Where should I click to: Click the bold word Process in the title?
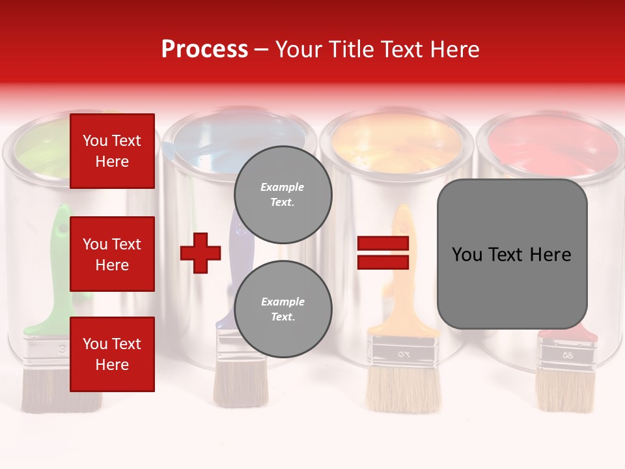(x=204, y=50)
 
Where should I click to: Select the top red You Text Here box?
(x=112, y=151)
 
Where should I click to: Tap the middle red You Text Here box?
(x=112, y=254)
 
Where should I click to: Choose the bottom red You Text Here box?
(x=112, y=354)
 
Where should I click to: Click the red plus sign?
(x=201, y=253)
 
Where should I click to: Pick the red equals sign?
(x=383, y=253)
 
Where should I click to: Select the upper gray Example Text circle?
(x=283, y=194)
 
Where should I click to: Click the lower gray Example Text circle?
(x=283, y=309)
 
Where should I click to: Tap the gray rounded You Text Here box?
(x=512, y=254)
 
